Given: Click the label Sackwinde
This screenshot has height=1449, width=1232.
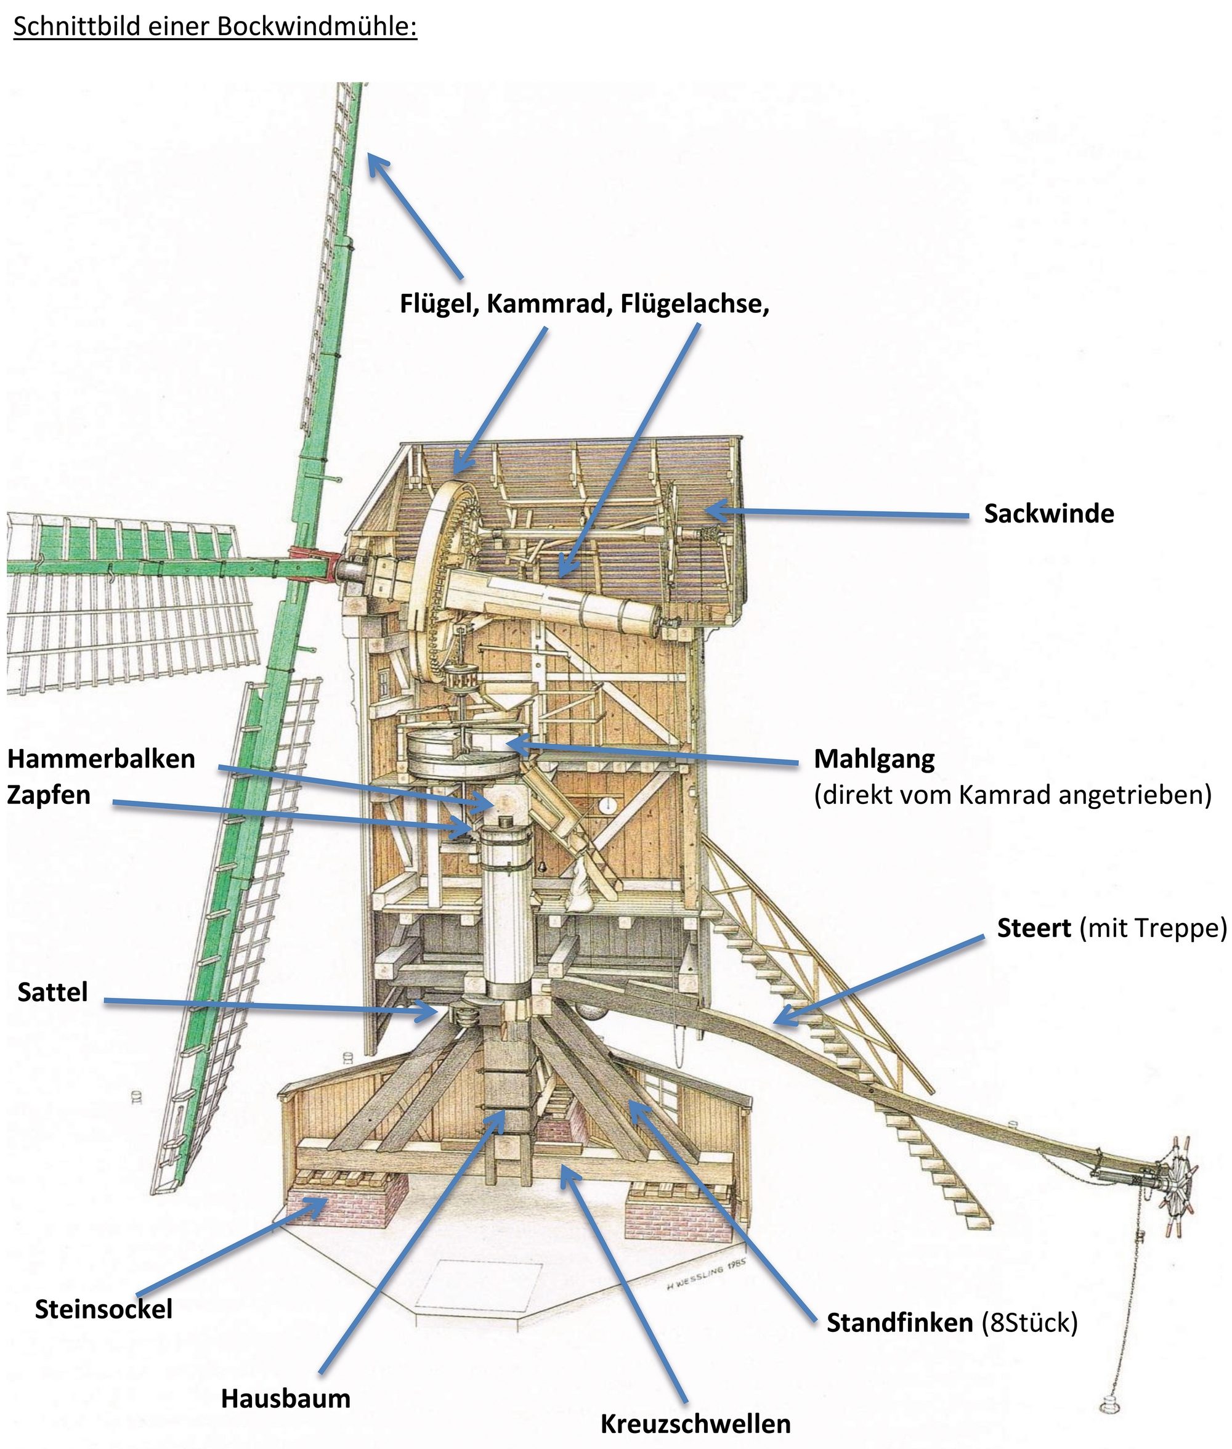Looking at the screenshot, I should click(1048, 514).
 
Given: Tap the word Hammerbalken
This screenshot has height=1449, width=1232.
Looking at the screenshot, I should click(101, 758).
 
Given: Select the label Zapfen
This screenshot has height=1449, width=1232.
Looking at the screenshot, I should click(49, 795).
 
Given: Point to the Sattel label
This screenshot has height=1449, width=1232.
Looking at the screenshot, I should click(53, 992).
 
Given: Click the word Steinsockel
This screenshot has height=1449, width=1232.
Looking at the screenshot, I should click(103, 1309).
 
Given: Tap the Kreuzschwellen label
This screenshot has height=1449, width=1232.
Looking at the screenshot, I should click(695, 1424).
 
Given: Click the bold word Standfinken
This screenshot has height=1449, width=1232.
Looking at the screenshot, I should click(900, 1323).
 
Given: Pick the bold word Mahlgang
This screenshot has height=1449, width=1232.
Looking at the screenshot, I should click(875, 758).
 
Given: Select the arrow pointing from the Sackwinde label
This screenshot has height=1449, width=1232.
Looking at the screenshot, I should click(838, 514).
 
